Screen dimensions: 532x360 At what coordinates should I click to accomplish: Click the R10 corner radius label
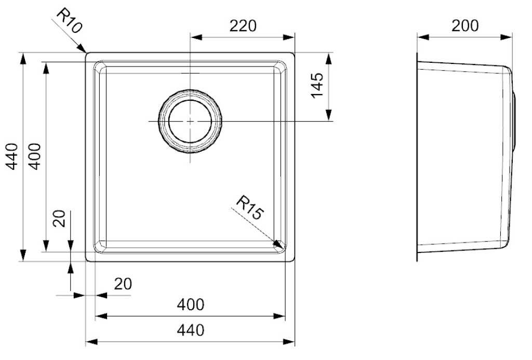(x=69, y=21)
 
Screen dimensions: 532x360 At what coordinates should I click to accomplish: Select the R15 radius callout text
(x=249, y=207)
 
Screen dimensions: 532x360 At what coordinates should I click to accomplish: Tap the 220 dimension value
(x=243, y=26)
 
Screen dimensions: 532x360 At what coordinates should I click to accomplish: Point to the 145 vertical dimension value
(x=317, y=86)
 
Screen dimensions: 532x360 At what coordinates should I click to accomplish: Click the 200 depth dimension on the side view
(x=465, y=25)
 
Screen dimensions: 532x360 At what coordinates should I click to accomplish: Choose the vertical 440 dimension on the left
(x=12, y=156)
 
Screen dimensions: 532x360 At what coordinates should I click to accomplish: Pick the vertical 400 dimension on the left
(x=34, y=156)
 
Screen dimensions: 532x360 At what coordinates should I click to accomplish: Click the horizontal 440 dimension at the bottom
(x=191, y=330)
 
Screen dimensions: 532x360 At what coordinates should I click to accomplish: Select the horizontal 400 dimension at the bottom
(x=191, y=305)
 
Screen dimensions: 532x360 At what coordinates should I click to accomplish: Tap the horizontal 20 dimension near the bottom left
(x=123, y=284)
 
